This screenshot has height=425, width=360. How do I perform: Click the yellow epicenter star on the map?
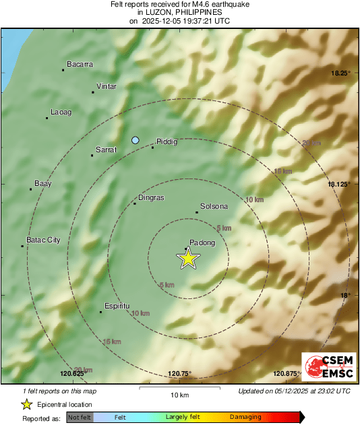pyautogui.click(x=189, y=258)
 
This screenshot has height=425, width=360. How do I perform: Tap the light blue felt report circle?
pyautogui.click(x=136, y=140)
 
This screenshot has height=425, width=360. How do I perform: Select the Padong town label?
pyautogui.click(x=203, y=243)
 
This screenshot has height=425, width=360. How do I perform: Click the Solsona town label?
pyautogui.click(x=214, y=206)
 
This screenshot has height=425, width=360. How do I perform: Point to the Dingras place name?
pyautogui.click(x=151, y=198)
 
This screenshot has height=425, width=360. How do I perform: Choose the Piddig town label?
pyautogui.click(x=167, y=141)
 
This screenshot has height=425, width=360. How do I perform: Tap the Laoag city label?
pyautogui.click(x=61, y=112)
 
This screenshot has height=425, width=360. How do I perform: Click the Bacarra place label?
pyautogui.click(x=79, y=65)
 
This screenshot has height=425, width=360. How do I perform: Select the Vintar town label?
pyautogui.click(x=107, y=86)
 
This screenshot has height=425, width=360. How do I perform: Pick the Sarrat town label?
pyautogui.click(x=107, y=150)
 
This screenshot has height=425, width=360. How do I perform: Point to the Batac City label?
pyautogui.click(x=43, y=240)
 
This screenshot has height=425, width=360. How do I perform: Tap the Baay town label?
pyautogui.click(x=43, y=183)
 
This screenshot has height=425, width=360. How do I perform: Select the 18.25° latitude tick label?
pyautogui.click(x=339, y=73)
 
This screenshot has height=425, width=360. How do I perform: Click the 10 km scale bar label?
pyautogui.click(x=179, y=395)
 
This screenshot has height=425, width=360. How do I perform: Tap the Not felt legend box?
pyautogui.click(x=80, y=418)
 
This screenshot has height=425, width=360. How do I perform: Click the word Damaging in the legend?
pyautogui.click(x=245, y=418)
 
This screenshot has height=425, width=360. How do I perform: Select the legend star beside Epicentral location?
pyautogui.click(x=26, y=404)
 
